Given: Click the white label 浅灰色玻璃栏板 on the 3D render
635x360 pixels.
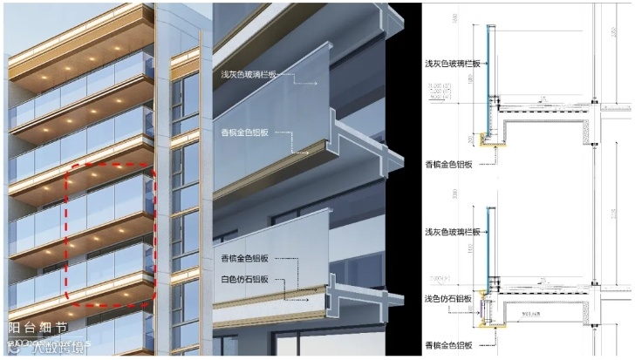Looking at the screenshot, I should point(249,75).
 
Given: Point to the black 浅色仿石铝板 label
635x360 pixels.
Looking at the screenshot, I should point(448,299).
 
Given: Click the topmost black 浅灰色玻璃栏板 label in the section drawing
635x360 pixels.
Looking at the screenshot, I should point(449,64).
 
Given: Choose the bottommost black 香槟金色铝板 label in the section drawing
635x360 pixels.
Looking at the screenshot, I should point(449,345).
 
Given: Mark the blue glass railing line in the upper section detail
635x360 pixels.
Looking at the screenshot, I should point(486,61).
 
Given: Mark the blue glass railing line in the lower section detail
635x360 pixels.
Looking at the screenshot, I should point(486,240).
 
